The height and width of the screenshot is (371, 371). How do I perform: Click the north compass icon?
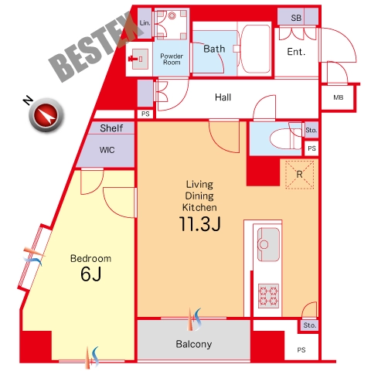click(x=46, y=115)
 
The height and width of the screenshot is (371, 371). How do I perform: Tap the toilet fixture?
click(x=285, y=139)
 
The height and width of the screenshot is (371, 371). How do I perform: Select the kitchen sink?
click(x=268, y=244)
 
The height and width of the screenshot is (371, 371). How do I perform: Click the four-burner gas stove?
click(x=268, y=296)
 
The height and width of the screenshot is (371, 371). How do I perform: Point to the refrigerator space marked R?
click(x=299, y=175)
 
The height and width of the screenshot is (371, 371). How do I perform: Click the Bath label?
click(x=214, y=49)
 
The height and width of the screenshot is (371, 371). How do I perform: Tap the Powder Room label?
click(x=172, y=60)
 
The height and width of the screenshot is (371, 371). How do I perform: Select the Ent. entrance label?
click(x=296, y=52)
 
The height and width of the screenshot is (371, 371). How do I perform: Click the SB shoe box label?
click(x=296, y=18)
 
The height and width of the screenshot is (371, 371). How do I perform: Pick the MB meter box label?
click(x=339, y=97)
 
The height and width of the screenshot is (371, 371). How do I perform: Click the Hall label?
click(x=223, y=97)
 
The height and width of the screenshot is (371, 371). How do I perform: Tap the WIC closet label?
click(x=107, y=150)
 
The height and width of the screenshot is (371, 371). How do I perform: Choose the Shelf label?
click(x=111, y=128)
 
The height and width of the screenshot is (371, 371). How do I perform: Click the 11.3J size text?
click(x=199, y=223)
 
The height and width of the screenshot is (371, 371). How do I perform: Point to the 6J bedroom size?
click(x=90, y=274)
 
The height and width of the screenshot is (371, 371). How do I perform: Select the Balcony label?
click(x=194, y=344)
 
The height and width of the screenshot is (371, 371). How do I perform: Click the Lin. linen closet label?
click(x=145, y=23)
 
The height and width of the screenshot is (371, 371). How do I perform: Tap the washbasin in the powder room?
click(x=138, y=59)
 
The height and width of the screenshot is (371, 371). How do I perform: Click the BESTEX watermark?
click(x=96, y=46)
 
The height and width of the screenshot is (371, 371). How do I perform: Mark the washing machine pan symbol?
click(x=172, y=24)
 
